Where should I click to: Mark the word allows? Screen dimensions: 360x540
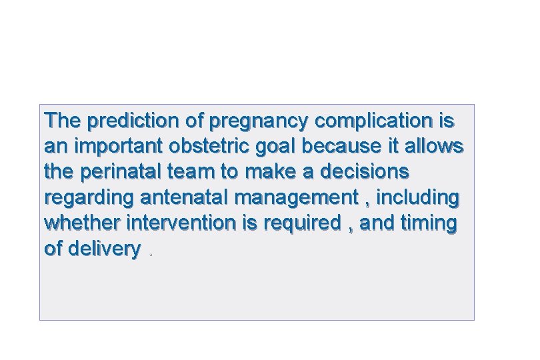tap(434, 147)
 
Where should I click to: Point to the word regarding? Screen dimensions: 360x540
tap(89, 198)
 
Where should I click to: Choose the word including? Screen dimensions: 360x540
tap(417, 198)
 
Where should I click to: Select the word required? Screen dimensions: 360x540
tap(300, 223)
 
